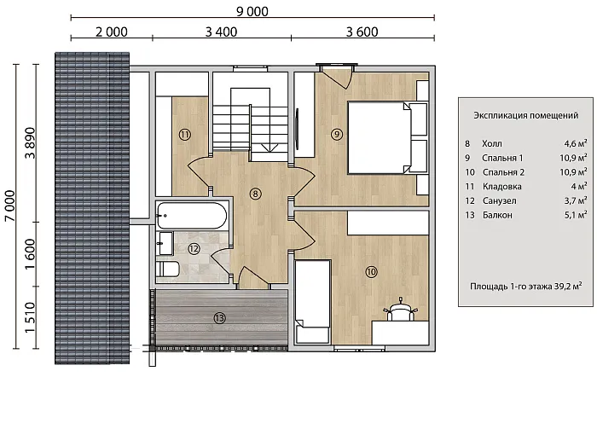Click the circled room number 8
point(255,194)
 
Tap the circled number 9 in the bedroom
point(337,134)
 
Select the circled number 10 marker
point(371,272)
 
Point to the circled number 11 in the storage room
point(185,135)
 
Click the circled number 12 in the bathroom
point(194,249)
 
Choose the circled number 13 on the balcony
point(219,318)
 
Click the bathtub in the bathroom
point(192,216)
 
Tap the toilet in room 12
point(167,270)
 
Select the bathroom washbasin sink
point(165,243)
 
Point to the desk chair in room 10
point(400,311)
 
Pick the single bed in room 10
point(313,301)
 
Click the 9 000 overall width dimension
point(252,11)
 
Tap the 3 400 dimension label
point(221,32)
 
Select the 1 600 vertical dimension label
point(30,254)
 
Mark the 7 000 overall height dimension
point(9,206)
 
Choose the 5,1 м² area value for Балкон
point(576,215)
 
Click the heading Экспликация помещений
point(526,115)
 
